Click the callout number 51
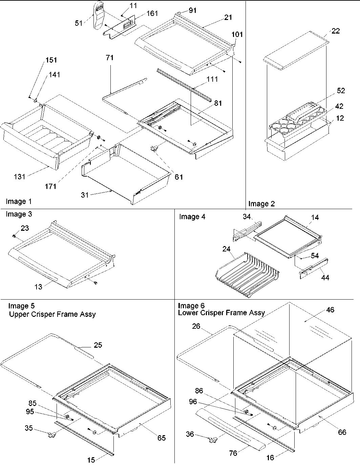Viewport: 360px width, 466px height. coord(78,23)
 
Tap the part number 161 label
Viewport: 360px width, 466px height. coord(152,14)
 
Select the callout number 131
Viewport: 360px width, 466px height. coord(20,176)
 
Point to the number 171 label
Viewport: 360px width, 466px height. coord(51,186)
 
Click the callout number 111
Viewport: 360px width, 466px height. coord(212,79)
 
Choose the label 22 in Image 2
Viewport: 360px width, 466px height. coord(336,31)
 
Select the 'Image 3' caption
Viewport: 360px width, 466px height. coord(19,214)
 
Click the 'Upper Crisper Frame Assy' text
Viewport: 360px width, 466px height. coord(52,314)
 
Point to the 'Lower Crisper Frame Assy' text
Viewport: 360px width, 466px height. coord(221,312)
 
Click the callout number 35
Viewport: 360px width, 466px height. coord(29,428)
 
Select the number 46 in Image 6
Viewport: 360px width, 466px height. coord(330,310)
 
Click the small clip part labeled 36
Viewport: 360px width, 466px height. coord(213,439)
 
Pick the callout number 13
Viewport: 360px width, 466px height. coord(38,287)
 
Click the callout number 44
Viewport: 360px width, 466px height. coord(325,278)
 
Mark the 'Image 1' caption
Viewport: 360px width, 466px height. coord(19,202)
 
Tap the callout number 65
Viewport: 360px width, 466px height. coord(161,438)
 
